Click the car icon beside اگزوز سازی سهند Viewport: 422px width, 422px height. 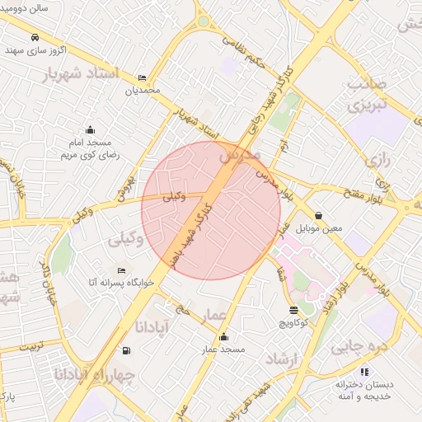pos(35,38)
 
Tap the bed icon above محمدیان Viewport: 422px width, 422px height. pos(143,77)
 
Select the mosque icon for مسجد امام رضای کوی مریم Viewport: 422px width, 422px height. pos(90,129)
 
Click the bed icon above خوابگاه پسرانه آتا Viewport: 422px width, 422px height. pos(122,270)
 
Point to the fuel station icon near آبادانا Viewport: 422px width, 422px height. pos(125,350)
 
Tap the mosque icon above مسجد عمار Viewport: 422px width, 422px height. pos(224,337)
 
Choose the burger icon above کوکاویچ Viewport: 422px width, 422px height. pos(294,310)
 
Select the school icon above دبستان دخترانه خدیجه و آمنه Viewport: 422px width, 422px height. pos(341,383)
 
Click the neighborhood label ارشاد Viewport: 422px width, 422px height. pos(287,359)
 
